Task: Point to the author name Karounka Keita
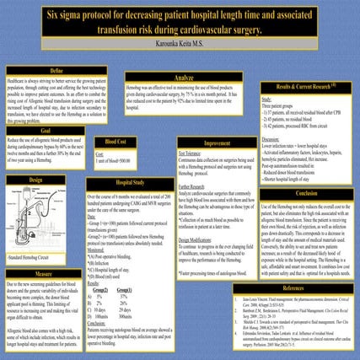click(180, 41)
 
